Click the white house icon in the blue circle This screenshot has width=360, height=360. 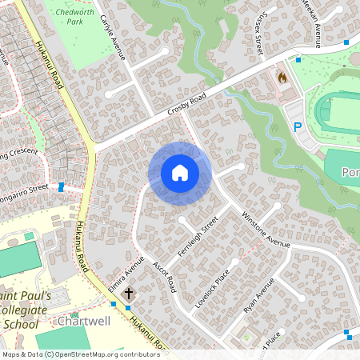click(x=180, y=173)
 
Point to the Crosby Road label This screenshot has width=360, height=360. click(x=188, y=105)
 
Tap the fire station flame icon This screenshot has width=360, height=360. click(x=282, y=78)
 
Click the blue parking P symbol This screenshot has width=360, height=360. click(x=297, y=127)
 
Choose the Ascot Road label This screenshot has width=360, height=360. click(x=164, y=274)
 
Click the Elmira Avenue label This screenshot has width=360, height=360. click(x=126, y=272)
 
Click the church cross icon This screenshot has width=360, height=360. click(x=129, y=295)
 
